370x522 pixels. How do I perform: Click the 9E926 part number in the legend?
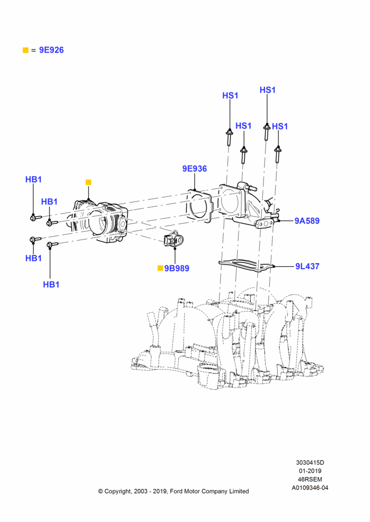[51, 50]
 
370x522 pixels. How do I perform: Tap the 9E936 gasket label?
[194, 169]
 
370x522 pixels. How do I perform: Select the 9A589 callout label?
[307, 221]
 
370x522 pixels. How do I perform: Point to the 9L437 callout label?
[307, 266]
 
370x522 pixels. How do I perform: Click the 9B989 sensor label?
[177, 268]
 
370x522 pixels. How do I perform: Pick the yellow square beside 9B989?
[160, 268]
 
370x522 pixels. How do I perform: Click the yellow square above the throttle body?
[88, 182]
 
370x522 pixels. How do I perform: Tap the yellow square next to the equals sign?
[25, 50]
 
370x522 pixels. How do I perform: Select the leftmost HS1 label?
[230, 96]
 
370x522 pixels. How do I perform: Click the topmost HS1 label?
[268, 90]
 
